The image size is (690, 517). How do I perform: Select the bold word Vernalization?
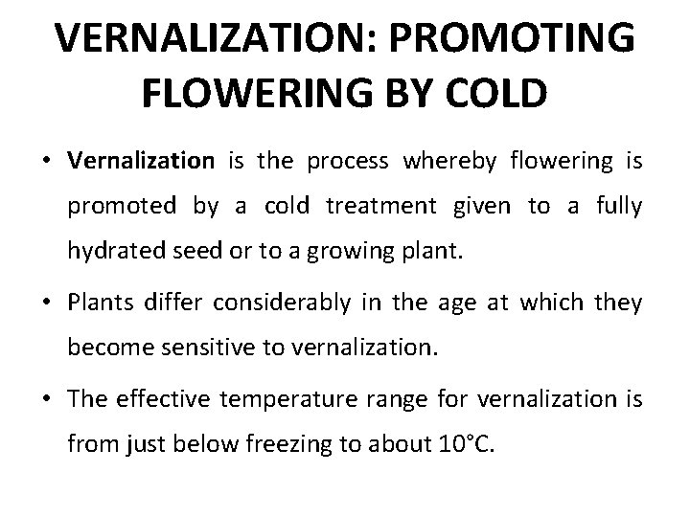142,161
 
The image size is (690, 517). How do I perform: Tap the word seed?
187,251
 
